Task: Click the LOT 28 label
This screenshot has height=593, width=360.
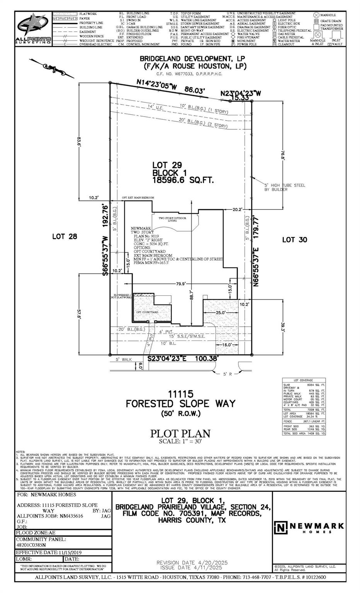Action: tap(65, 236)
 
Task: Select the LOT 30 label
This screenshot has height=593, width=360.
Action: tap(294, 240)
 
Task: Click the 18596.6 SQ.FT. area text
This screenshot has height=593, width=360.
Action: tap(183, 180)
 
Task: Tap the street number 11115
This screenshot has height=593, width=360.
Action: tap(180, 394)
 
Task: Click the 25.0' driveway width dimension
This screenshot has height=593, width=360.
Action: tap(220, 312)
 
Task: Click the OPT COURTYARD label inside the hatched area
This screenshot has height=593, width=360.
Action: tap(147, 312)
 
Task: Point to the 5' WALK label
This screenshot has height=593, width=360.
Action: tap(124, 359)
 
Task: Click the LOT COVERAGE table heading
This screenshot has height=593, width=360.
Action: tap(303, 380)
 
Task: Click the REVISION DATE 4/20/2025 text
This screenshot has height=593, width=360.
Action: tap(189, 563)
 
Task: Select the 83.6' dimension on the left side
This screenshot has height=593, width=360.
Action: tap(79, 141)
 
